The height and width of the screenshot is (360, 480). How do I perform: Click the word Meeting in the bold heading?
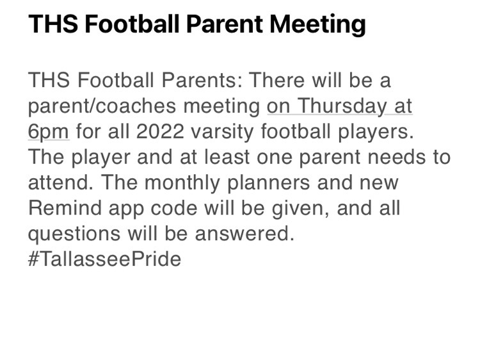click(317, 24)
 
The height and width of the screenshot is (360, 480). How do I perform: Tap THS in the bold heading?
click(53, 24)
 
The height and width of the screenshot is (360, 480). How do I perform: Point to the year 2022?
click(160, 131)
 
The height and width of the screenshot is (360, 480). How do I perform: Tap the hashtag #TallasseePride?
click(105, 259)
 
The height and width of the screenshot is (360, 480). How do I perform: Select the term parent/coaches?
click(102, 106)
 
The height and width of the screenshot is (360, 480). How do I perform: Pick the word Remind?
click(65, 208)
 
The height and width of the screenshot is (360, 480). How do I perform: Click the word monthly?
click(182, 183)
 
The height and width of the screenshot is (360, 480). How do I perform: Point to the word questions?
click(74, 234)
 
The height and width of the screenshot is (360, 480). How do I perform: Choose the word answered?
click(244, 233)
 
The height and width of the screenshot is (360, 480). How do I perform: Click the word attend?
click(61, 183)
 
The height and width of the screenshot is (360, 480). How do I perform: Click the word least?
click(227, 157)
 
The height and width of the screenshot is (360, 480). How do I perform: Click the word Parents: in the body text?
click(202, 80)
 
